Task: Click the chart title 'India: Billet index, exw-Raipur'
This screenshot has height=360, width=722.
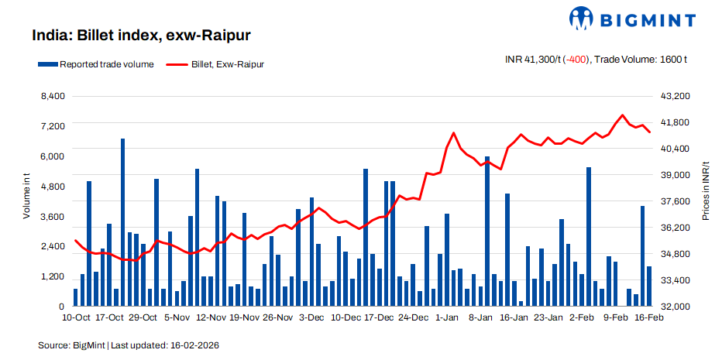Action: click(140, 36)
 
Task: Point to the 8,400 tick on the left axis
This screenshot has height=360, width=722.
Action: click(52, 96)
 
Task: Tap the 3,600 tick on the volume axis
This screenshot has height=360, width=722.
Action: click(52, 217)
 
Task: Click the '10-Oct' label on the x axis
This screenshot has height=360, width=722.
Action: click(76, 317)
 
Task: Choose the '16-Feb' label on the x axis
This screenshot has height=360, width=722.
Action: click(648, 317)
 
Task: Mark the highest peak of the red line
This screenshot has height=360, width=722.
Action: click(623, 115)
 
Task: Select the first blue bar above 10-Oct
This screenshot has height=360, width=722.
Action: click(75, 298)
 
